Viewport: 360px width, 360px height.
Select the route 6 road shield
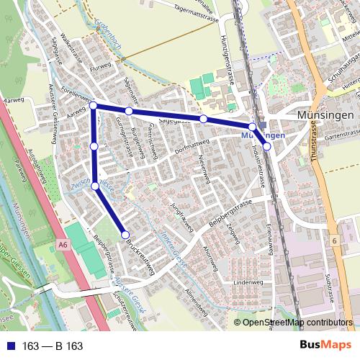[335, 240]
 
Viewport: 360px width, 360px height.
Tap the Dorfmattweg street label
[190, 150]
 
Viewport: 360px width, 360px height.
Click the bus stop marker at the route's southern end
[125, 234]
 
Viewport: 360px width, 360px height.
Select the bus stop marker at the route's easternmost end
[266, 146]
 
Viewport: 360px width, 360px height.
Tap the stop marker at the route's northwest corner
[93, 106]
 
